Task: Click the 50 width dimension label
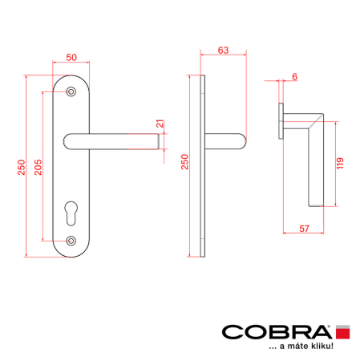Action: coord(71,57)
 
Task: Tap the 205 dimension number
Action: coord(38,167)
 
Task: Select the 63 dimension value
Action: coord(223,51)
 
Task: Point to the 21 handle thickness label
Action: coord(160,124)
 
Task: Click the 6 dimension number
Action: coord(294,77)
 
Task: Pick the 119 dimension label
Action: coord(340,164)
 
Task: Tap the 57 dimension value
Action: coord(304,229)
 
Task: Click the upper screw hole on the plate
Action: coord(71,91)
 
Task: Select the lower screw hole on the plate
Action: coord(71,241)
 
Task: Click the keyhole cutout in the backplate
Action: coord(71,213)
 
